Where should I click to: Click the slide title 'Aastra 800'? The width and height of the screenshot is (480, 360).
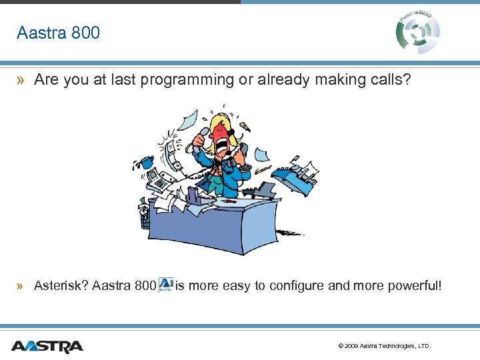[x=58, y=33]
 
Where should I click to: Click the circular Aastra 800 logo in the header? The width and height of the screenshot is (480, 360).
[x=418, y=31]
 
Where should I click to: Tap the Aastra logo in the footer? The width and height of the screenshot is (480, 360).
[x=47, y=346]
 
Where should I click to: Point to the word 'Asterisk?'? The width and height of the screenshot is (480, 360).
[x=61, y=286]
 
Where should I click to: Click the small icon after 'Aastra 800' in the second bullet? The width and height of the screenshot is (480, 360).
[x=166, y=285]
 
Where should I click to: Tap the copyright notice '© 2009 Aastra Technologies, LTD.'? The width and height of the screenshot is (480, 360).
[x=385, y=346]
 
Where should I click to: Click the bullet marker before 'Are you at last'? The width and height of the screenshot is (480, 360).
[x=22, y=80]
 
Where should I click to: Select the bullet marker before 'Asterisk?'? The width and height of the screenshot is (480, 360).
[x=22, y=286]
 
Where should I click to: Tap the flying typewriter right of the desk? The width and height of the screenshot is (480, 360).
[x=295, y=175]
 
